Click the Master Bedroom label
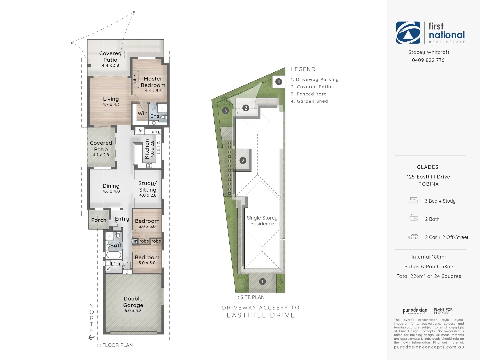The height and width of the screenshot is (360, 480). [153, 82]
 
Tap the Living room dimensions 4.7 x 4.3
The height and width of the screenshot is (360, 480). [111, 105]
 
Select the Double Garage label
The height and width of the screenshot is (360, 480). [133, 302]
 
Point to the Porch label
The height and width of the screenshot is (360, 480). [99, 220]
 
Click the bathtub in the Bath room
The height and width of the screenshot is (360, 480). [114, 255]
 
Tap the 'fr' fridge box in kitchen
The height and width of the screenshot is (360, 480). [140, 131]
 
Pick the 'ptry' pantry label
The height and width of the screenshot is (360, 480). [156, 132]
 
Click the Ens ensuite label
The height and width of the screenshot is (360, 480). [155, 116]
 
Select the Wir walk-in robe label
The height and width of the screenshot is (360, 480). [142, 113]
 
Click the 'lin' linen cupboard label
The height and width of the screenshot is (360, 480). [135, 241]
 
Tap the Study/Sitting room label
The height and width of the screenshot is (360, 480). [148, 186]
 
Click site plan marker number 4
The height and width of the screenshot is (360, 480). [279, 82]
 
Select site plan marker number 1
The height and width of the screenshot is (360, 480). [262, 282]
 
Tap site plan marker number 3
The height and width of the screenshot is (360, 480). [226, 111]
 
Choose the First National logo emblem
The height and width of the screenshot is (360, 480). [408, 33]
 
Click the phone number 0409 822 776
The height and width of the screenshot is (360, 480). [428, 60]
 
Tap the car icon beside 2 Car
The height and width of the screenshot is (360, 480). [413, 237]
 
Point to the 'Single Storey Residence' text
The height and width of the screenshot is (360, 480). [262, 221]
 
